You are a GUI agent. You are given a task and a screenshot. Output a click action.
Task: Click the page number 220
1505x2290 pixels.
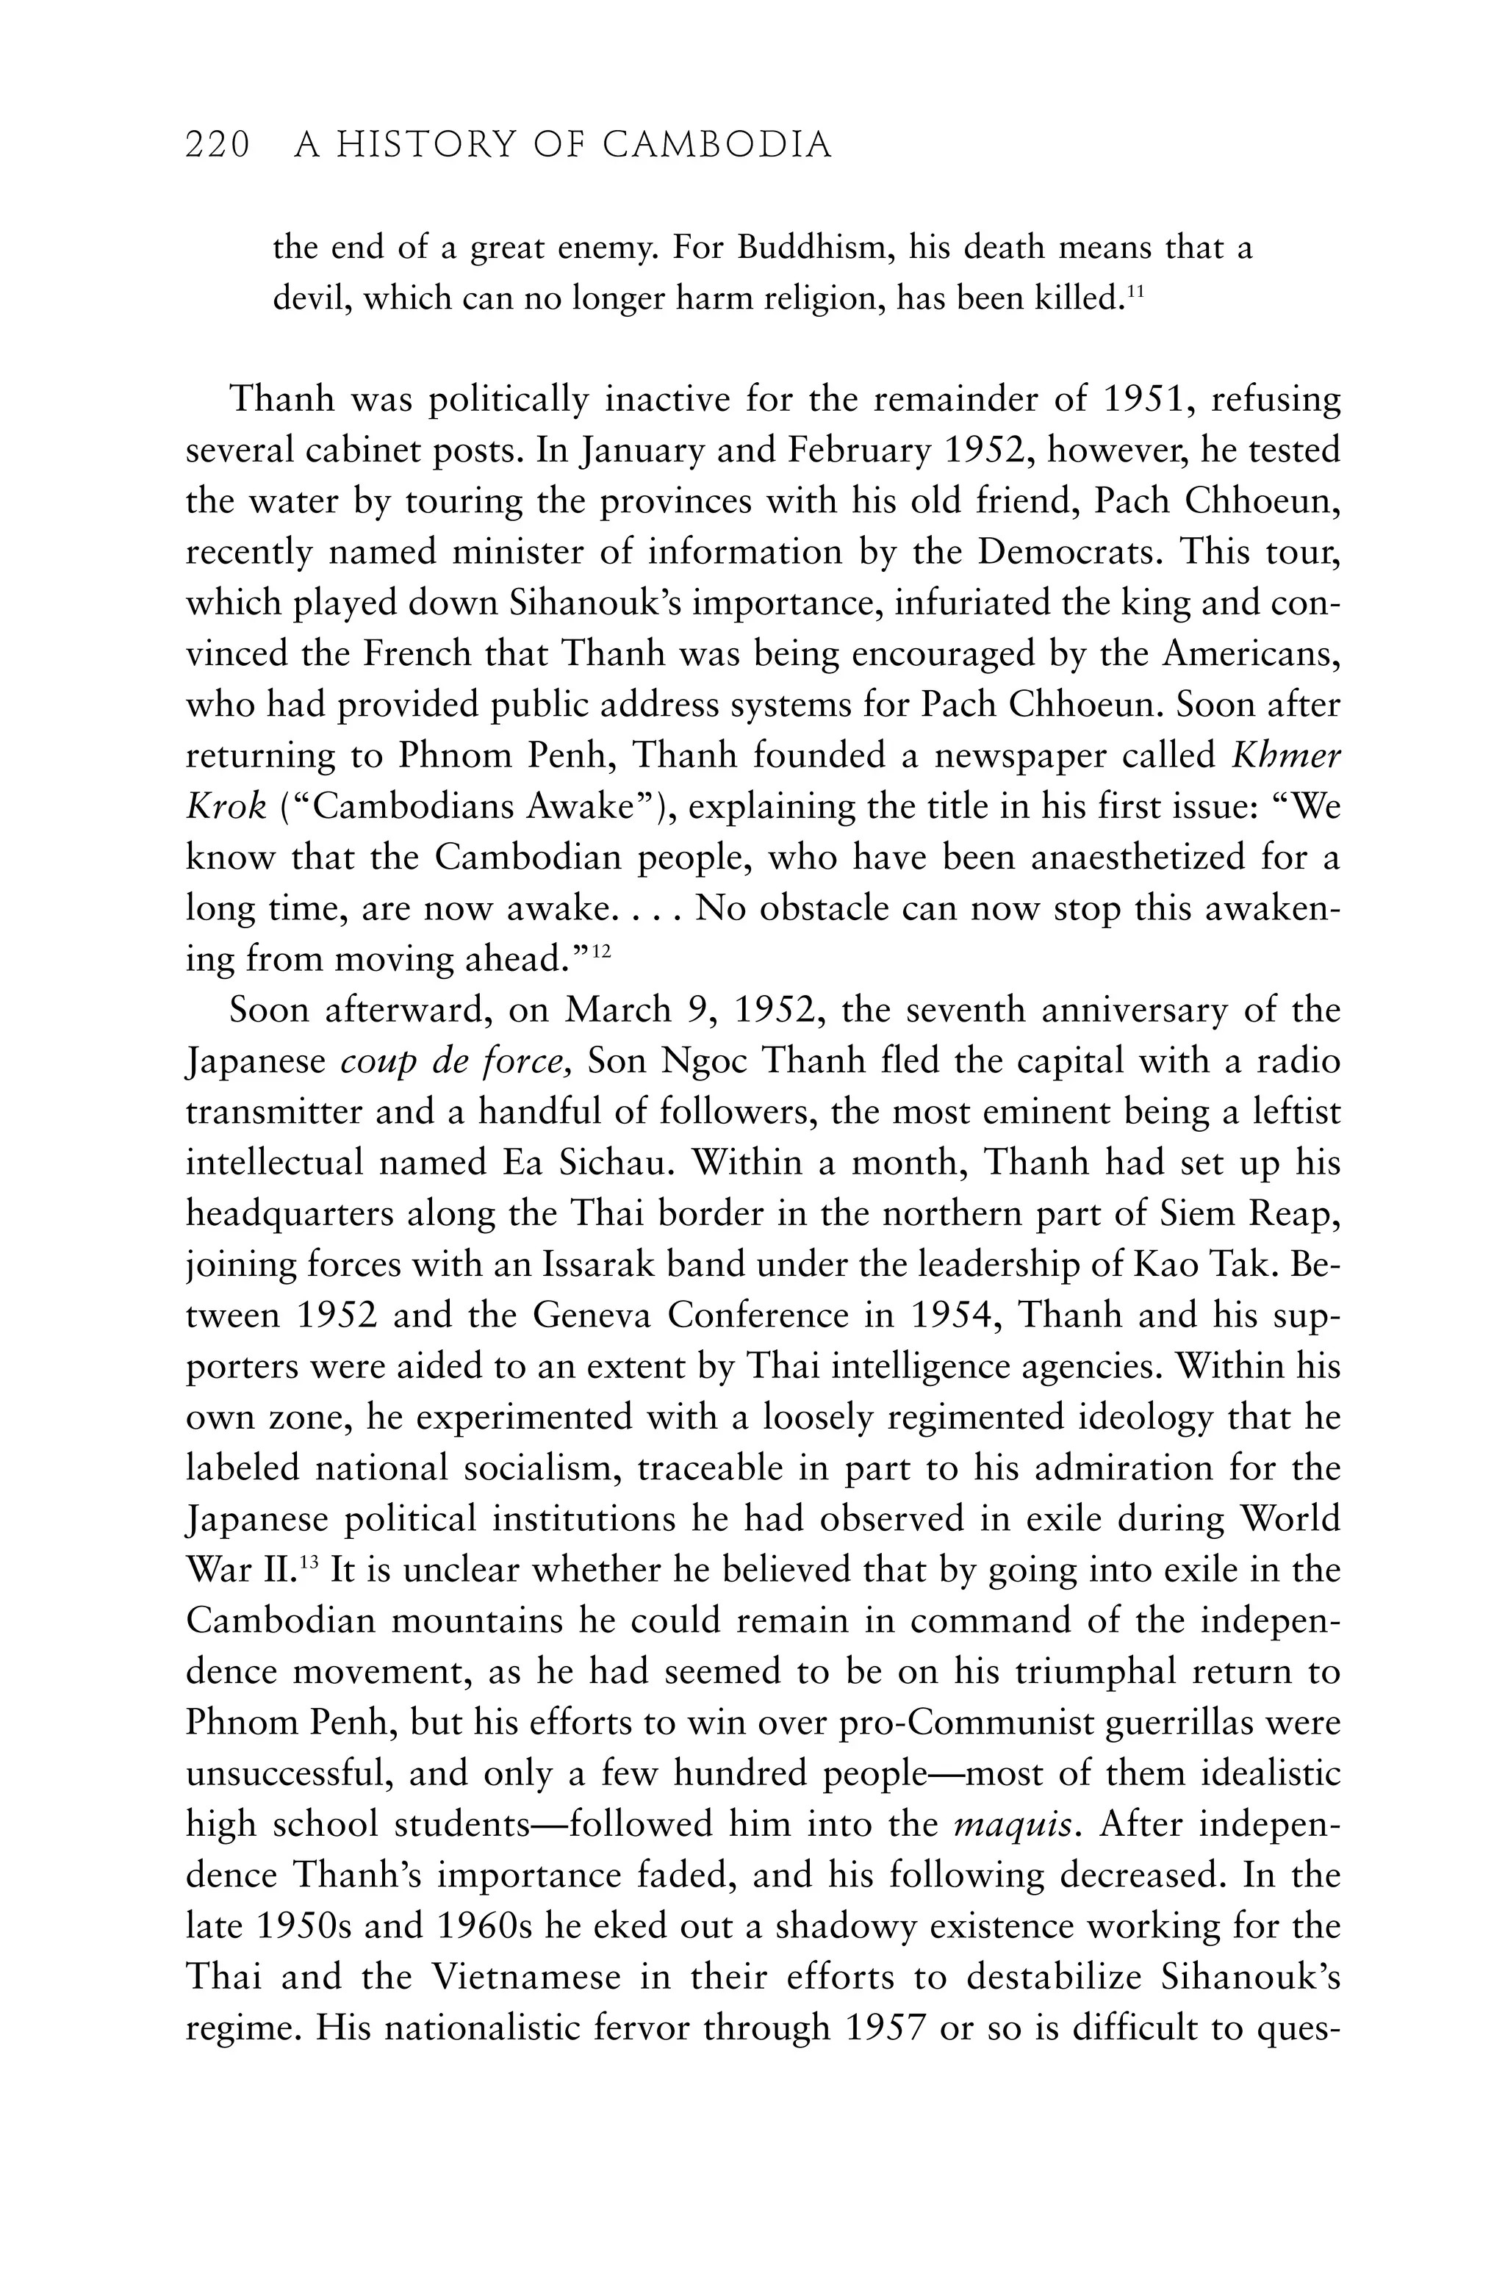click(x=218, y=146)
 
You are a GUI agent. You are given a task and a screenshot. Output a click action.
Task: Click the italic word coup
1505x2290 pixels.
click(x=379, y=1062)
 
